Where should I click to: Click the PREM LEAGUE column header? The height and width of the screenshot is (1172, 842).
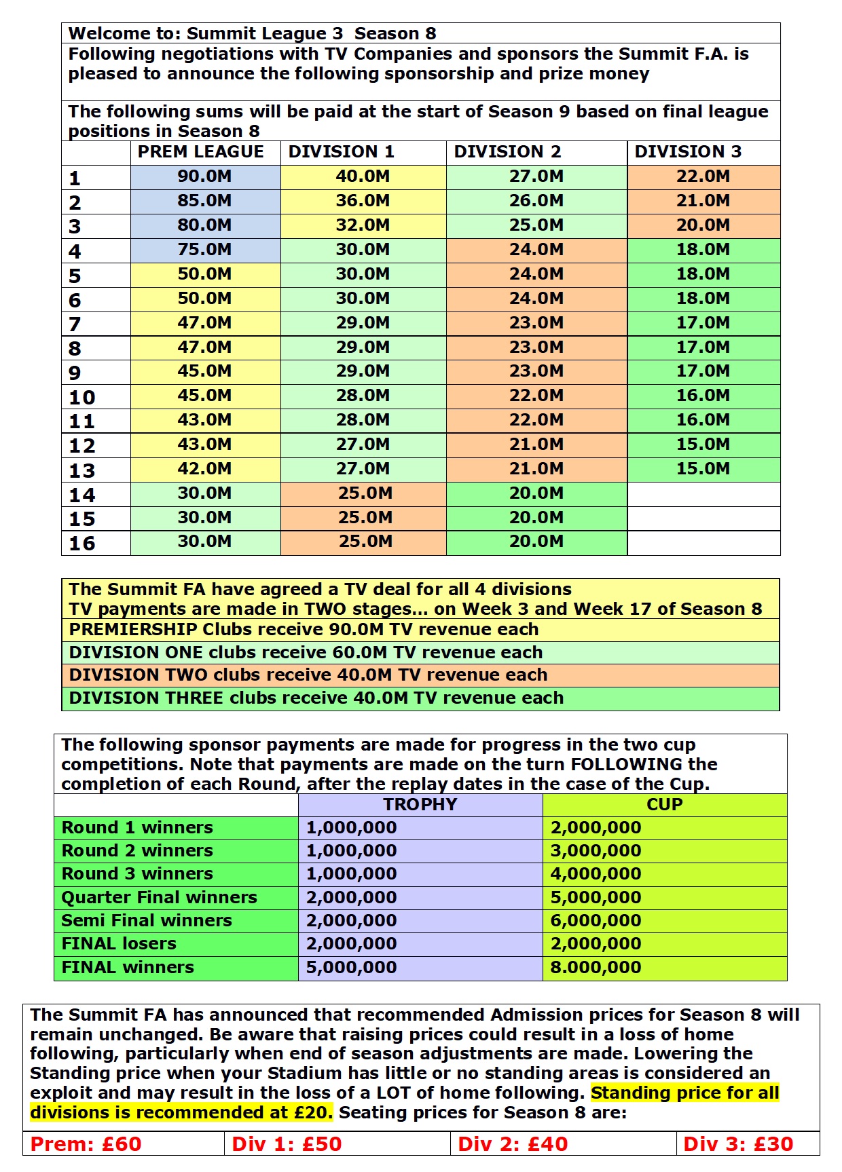(200, 152)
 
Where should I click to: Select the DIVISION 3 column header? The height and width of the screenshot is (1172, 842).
(687, 152)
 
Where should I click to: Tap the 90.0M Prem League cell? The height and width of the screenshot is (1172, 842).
(204, 176)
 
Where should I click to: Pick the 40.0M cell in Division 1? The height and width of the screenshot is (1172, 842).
(363, 176)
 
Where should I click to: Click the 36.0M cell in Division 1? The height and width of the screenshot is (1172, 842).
(363, 201)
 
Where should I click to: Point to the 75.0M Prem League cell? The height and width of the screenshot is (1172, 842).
(204, 250)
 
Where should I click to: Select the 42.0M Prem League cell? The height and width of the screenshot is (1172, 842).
(204, 469)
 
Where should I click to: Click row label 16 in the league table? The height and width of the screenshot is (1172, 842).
(82, 544)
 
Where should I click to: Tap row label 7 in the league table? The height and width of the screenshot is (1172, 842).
(75, 324)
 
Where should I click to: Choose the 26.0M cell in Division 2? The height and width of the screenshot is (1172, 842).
(536, 201)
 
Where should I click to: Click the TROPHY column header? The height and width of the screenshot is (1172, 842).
(420, 805)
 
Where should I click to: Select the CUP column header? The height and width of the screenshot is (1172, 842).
(664, 805)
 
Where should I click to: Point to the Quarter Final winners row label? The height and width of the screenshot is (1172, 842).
(159, 898)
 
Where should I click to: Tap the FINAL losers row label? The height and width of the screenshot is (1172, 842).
(119, 944)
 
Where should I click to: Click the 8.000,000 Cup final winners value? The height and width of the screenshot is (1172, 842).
(596, 968)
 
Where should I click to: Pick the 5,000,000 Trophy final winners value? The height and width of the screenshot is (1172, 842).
(351, 968)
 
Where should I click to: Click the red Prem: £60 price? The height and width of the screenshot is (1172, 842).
(86, 1144)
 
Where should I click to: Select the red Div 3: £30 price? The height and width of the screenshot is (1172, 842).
(738, 1144)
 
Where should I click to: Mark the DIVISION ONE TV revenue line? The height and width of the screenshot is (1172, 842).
(306, 653)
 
